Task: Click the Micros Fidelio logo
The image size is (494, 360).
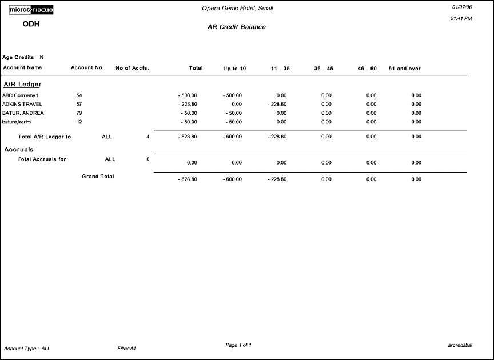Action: coord(31,10)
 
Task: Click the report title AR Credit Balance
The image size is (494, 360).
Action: coord(236,27)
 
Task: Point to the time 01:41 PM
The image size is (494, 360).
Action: coord(461,19)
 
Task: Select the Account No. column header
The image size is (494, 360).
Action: coord(87,68)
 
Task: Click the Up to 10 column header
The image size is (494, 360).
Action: coord(234,69)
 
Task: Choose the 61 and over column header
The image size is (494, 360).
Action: coord(404,69)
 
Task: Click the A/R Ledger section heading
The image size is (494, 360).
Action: coord(22,85)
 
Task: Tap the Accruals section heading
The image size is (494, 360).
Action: coord(19,150)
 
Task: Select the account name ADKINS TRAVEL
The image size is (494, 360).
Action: coord(22,104)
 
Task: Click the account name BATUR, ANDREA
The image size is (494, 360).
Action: coord(23,113)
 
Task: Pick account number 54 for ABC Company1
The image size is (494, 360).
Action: coord(79,95)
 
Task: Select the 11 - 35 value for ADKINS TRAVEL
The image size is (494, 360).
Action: coord(277,104)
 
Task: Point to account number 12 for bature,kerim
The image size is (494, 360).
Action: coord(79,122)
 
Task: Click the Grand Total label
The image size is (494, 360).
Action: coord(98,177)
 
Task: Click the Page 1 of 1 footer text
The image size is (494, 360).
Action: coord(238,345)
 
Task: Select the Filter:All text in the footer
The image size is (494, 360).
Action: coord(126,348)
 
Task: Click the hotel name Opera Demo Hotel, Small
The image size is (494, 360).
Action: coord(237,8)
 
